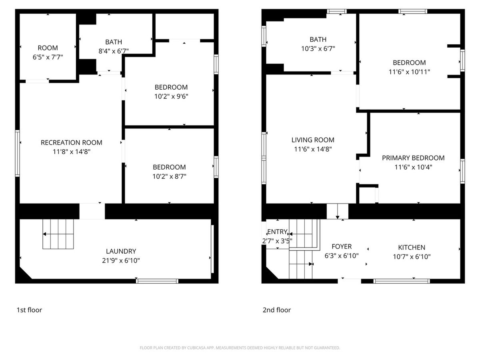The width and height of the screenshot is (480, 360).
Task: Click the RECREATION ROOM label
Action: [x=72, y=142]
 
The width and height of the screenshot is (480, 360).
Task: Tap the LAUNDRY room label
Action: [x=121, y=251]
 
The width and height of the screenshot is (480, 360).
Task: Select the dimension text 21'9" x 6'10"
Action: [x=121, y=260]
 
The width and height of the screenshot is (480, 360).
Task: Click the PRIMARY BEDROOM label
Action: [x=413, y=158]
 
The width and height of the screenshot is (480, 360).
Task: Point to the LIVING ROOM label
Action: [x=313, y=140]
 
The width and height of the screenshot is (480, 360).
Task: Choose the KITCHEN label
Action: [x=412, y=247]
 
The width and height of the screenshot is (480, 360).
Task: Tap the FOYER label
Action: [x=342, y=246]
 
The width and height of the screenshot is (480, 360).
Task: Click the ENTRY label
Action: [x=277, y=232]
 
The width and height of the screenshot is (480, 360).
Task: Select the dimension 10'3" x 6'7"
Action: [x=318, y=48]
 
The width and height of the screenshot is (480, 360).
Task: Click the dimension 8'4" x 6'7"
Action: [x=114, y=51]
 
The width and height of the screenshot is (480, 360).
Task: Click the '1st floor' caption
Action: [x=29, y=310]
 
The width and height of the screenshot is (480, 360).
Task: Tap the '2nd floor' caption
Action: [x=277, y=310]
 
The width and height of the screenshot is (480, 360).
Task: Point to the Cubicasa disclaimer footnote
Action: [x=240, y=348]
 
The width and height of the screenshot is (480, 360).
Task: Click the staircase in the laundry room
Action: [x=58, y=234]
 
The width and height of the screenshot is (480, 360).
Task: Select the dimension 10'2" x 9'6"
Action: [x=171, y=96]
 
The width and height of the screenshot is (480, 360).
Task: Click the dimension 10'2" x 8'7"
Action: [x=169, y=176]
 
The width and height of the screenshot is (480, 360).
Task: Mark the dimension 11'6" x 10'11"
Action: [x=409, y=72]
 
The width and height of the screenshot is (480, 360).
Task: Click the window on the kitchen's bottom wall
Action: [x=402, y=281]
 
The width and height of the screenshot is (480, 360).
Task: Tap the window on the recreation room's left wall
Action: [x=17, y=153]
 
